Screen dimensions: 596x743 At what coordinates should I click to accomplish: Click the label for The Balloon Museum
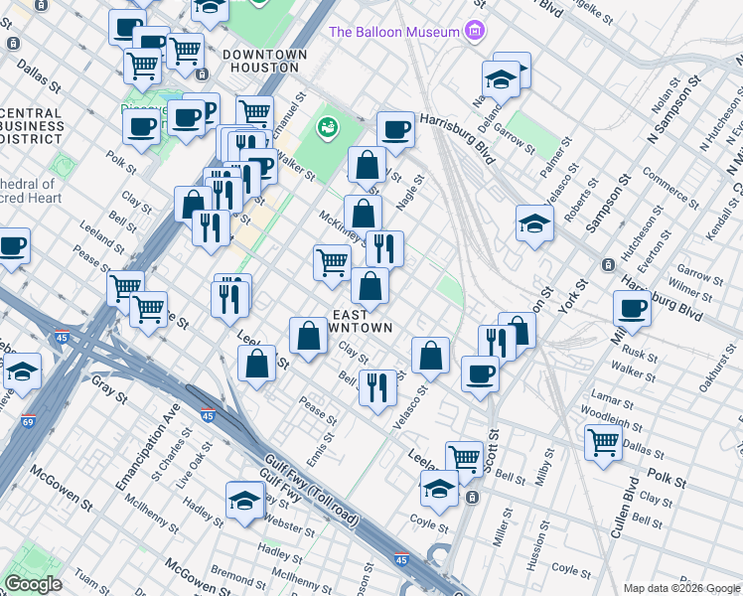[394, 31]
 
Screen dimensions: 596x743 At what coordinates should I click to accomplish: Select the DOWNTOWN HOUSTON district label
[261, 61]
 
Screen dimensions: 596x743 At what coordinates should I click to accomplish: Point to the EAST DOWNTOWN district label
[363, 318]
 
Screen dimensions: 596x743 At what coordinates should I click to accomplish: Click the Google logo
[34, 583]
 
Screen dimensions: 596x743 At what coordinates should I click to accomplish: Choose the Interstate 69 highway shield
[28, 421]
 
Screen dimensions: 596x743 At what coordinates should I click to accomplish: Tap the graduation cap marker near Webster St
[243, 501]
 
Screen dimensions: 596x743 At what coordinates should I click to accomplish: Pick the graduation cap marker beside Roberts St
[534, 223]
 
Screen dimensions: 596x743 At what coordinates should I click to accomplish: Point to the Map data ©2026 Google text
[680, 588]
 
